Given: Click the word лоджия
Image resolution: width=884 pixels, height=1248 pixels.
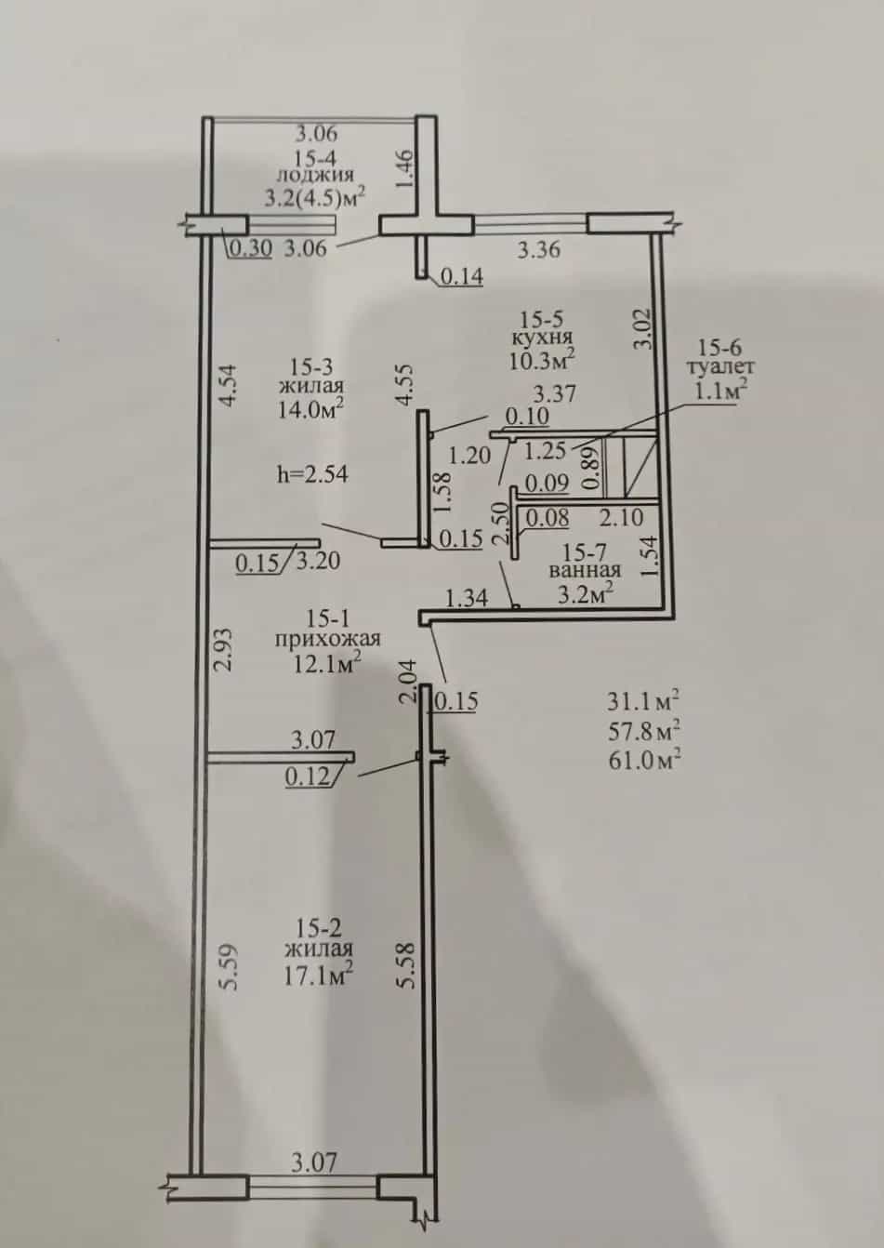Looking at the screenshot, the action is tap(315, 176).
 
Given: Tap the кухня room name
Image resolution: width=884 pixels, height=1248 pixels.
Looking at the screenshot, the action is tap(542, 338).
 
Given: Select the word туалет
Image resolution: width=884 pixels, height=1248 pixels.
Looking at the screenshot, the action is tap(720, 367).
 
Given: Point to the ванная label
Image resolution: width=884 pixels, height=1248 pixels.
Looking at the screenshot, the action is tap(586, 570).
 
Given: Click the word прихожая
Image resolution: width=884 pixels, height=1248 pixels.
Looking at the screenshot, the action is tap(327, 639).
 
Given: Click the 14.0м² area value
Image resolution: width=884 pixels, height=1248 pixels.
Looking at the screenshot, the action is tap(310, 410).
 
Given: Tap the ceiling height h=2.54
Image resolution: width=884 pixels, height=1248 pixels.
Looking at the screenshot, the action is tap(312, 474).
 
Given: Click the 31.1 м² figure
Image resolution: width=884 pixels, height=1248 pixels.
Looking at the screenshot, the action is tap(643, 701).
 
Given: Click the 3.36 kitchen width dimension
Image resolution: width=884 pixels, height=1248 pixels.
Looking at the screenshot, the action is tap(538, 250).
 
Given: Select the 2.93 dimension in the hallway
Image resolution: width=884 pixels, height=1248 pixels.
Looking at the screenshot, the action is tap(223, 650).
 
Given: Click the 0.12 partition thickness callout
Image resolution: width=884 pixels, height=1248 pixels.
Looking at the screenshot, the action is tap(307, 777).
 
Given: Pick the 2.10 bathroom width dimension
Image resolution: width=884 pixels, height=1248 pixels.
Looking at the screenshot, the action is tap(622, 518).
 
